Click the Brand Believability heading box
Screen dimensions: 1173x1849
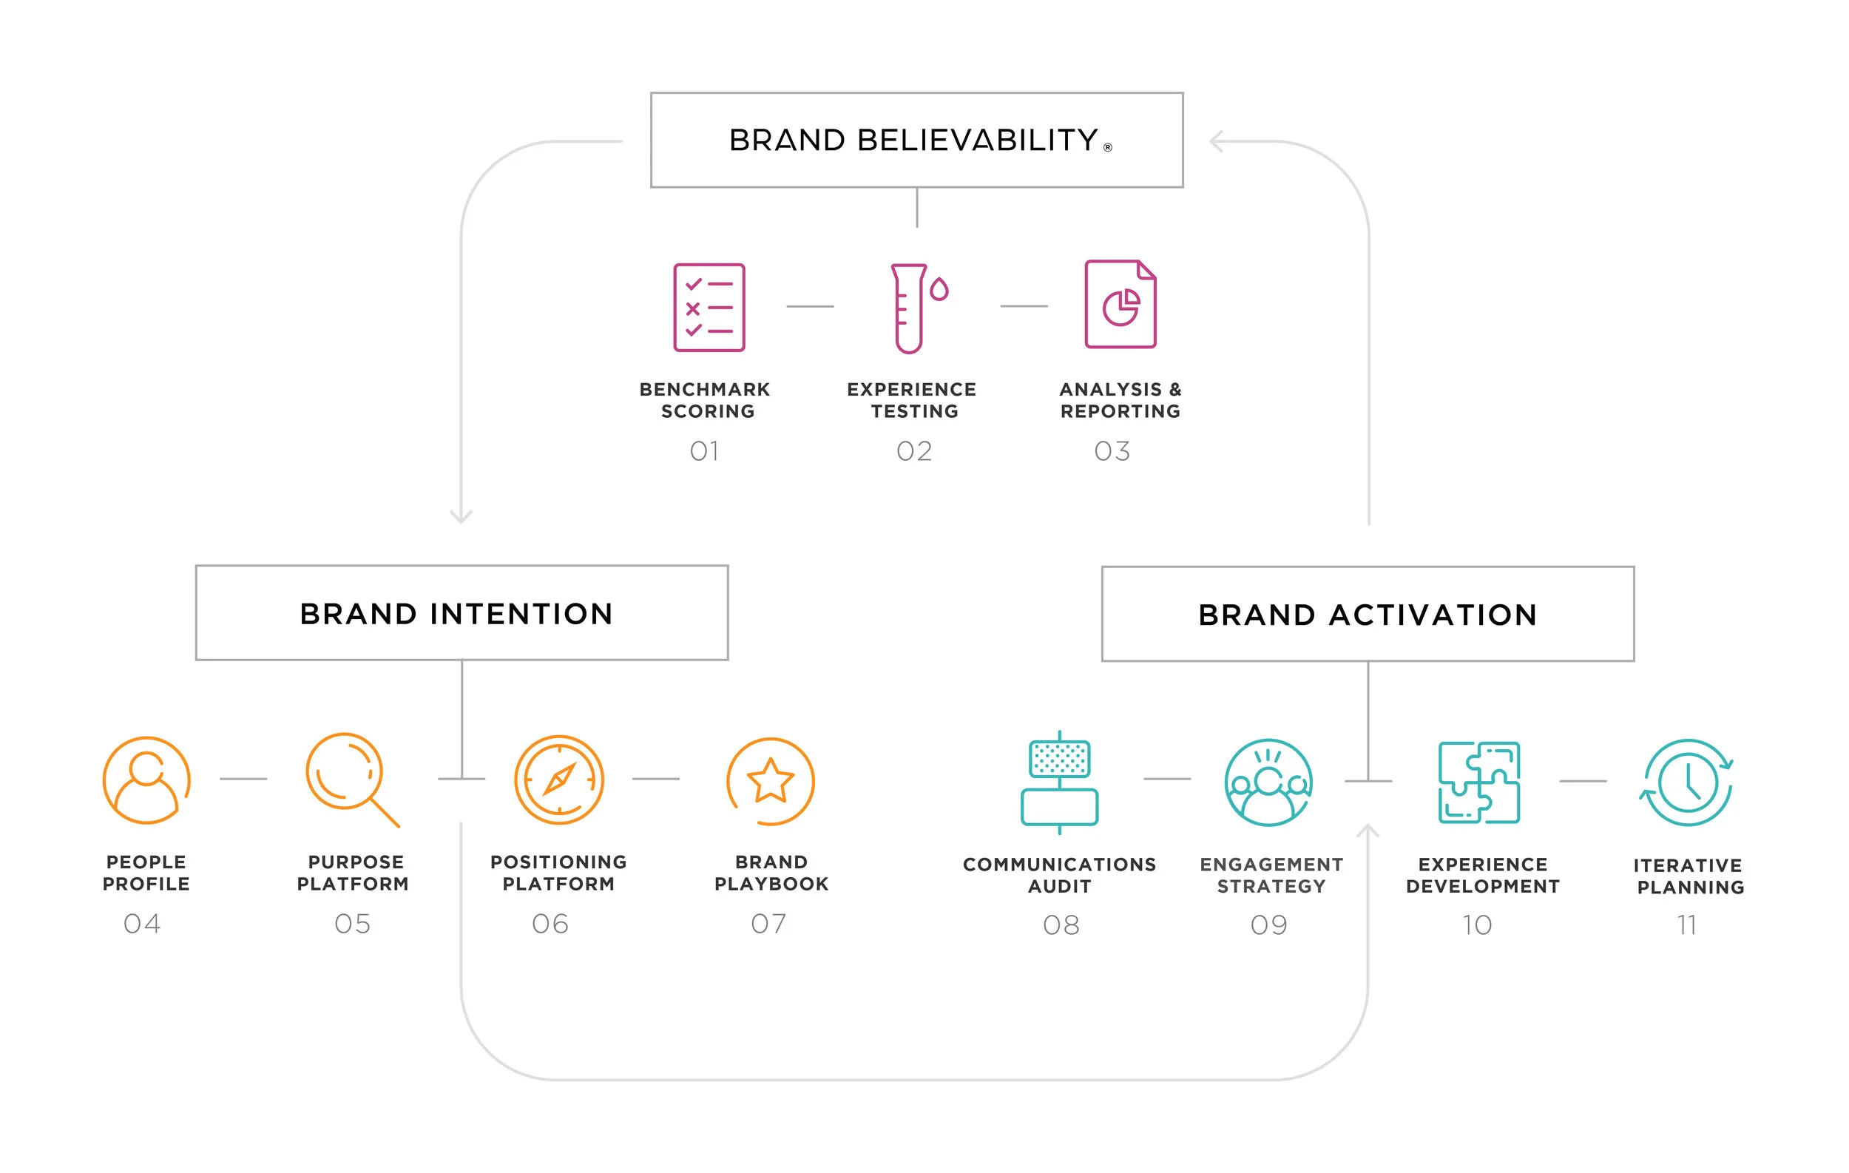tap(916, 140)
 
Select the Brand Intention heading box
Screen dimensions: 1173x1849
tap(462, 612)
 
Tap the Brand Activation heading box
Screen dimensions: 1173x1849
tap(1368, 614)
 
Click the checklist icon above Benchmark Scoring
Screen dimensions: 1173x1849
tap(709, 307)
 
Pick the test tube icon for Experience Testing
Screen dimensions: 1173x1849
tap(913, 308)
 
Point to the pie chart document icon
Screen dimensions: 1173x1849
tap(1120, 305)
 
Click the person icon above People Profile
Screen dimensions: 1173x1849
tap(146, 780)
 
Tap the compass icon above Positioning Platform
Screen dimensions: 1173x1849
tap(559, 780)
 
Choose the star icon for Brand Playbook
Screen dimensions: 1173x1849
tap(770, 781)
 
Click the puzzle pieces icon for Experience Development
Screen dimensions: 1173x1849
tap(1479, 782)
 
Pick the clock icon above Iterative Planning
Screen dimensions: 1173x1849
tap(1687, 783)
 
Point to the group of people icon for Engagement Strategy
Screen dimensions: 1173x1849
tap(1268, 782)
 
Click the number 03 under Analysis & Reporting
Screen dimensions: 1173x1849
tap(1112, 450)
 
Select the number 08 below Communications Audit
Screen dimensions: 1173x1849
tap(1061, 925)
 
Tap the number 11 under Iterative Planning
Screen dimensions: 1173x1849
tap(1687, 925)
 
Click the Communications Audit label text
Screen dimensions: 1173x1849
tap(1060, 875)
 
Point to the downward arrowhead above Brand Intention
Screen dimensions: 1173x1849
tap(461, 517)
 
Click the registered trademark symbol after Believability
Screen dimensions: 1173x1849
tap(1108, 147)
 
